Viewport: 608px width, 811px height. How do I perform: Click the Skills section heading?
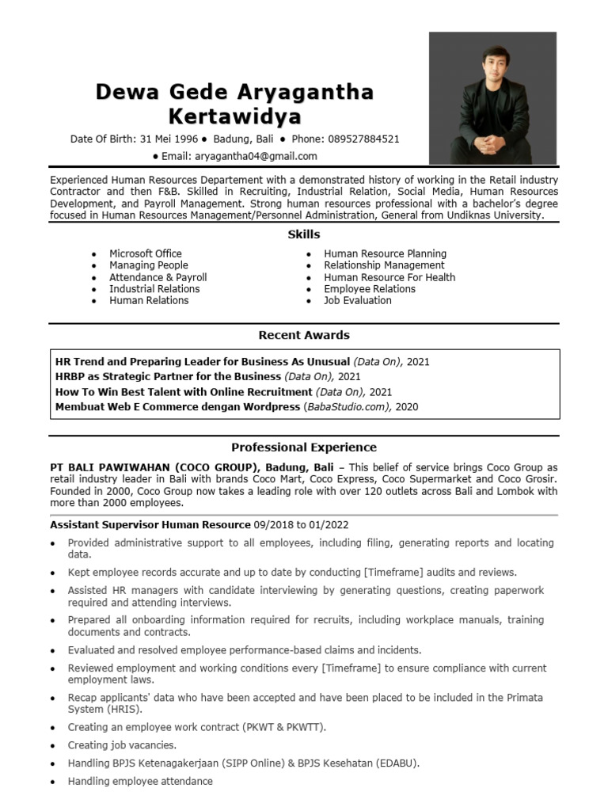click(304, 234)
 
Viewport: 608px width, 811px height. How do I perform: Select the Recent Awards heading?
click(304, 335)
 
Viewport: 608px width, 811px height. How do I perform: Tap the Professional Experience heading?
click(304, 447)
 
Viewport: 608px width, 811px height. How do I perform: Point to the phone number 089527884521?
click(363, 139)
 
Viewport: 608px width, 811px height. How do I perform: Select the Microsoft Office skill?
click(146, 253)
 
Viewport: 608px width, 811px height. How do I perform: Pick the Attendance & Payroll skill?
click(158, 277)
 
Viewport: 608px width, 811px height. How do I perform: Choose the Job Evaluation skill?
click(358, 300)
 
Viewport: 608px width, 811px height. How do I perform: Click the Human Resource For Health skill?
click(389, 277)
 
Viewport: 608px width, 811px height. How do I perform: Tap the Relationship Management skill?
click(384, 265)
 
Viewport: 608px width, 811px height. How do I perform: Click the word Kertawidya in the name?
click(235, 117)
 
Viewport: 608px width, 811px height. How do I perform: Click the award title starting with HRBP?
click(168, 376)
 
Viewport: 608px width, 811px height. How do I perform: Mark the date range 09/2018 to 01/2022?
click(301, 524)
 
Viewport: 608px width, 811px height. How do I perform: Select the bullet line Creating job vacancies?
click(122, 745)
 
